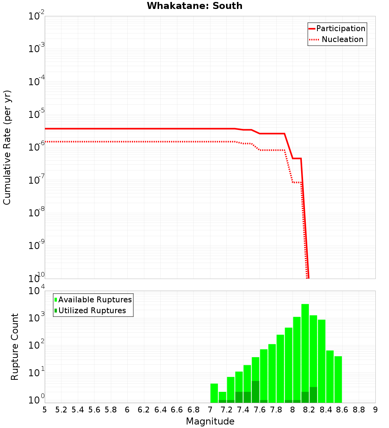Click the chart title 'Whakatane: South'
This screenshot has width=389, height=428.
[194, 6]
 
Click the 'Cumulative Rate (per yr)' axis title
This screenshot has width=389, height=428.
[7, 147]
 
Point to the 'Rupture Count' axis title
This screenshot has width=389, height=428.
[15, 347]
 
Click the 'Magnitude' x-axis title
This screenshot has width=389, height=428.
[210, 421]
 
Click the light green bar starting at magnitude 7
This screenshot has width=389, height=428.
[214, 393]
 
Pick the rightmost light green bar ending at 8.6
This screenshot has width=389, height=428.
[338, 379]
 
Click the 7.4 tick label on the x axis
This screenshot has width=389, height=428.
[243, 410]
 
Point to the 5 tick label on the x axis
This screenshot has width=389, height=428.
[45, 410]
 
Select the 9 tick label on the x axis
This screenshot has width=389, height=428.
[375, 410]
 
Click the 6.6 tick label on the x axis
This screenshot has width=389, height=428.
[177, 410]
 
